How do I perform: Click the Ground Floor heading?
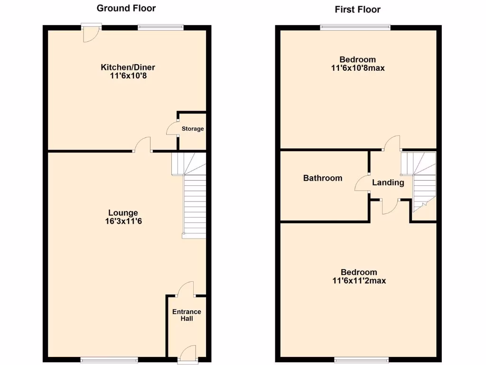[x=126, y=8]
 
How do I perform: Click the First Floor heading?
[x=357, y=9]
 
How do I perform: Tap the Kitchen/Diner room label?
[x=128, y=67]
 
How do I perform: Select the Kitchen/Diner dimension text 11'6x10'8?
[x=128, y=76]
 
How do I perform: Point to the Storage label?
[x=193, y=129]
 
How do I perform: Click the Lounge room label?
[x=123, y=213]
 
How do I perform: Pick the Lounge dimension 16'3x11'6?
[x=123, y=221]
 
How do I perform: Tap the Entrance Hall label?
[x=187, y=315]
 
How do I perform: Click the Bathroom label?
[x=323, y=178]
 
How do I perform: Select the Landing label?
[x=388, y=182]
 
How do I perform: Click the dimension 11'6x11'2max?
[x=359, y=281]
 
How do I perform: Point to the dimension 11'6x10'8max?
[x=358, y=68]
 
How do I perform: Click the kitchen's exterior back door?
[x=90, y=34]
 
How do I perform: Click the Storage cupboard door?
[x=172, y=129]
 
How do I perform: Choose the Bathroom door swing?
[x=362, y=183]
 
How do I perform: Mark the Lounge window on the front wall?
[x=109, y=359]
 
